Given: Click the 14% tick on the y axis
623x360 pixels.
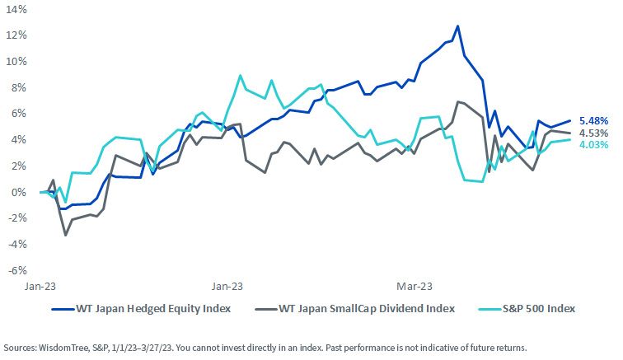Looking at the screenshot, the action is coord(16,10).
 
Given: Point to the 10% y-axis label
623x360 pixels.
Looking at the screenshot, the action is coord(16,62).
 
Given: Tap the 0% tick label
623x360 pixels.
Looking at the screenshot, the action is coord(18,192).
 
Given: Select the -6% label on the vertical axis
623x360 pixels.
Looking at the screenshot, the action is coord(17,270).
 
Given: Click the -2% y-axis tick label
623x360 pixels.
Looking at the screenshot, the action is coord(17,218).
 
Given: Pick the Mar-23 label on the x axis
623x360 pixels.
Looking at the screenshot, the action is coord(414,286).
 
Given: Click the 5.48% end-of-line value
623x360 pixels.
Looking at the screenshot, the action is coord(593,121).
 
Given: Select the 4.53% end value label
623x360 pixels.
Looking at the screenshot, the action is coord(593,133).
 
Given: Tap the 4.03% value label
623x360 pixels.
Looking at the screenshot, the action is coord(593,145).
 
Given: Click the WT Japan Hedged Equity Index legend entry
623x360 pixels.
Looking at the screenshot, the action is coord(141,309).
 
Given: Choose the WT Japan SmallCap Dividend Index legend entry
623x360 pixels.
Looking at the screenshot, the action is coord(354,309).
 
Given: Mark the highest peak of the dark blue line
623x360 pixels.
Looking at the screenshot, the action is coord(457,26).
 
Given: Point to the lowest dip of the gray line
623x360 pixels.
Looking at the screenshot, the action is coord(66,236).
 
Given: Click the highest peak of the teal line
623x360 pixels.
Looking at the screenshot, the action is coord(240,75).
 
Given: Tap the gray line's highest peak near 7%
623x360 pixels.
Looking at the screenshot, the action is coord(457,102).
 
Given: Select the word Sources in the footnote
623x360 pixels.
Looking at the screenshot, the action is coord(20,348).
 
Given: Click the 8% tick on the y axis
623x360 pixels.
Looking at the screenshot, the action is coord(18,88).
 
